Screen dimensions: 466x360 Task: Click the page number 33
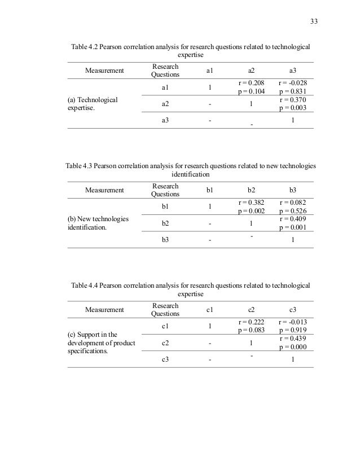tap(314, 22)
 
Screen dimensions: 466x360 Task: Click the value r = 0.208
tap(251, 82)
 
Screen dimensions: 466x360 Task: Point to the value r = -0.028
tap(293, 82)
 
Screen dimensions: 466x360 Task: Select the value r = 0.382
tap(251, 202)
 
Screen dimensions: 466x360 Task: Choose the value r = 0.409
tap(293, 219)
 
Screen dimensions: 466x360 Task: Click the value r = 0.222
tap(251, 322)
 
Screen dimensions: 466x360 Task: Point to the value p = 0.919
tap(293, 330)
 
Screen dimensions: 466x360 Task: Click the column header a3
tap(293, 71)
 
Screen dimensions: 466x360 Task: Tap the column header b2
tap(251, 190)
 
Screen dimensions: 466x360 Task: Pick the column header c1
tap(209, 310)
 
